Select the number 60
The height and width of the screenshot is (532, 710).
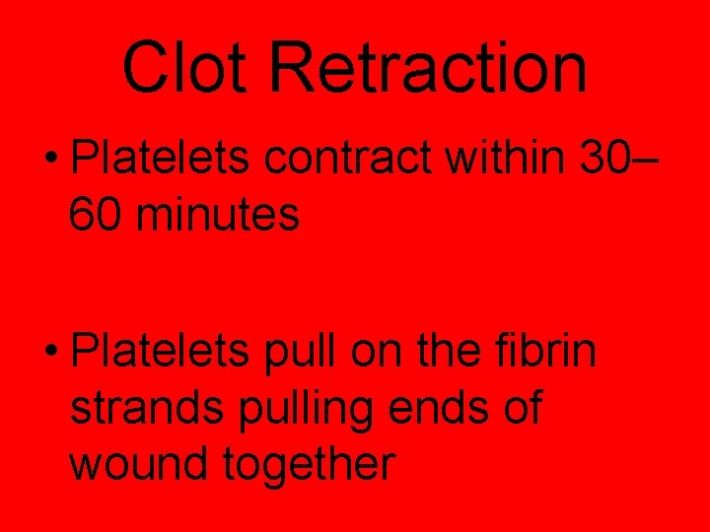(x=97, y=214)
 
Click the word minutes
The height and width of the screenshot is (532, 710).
(x=219, y=214)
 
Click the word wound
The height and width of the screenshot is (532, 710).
(x=139, y=462)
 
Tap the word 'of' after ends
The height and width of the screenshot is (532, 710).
(x=520, y=407)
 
